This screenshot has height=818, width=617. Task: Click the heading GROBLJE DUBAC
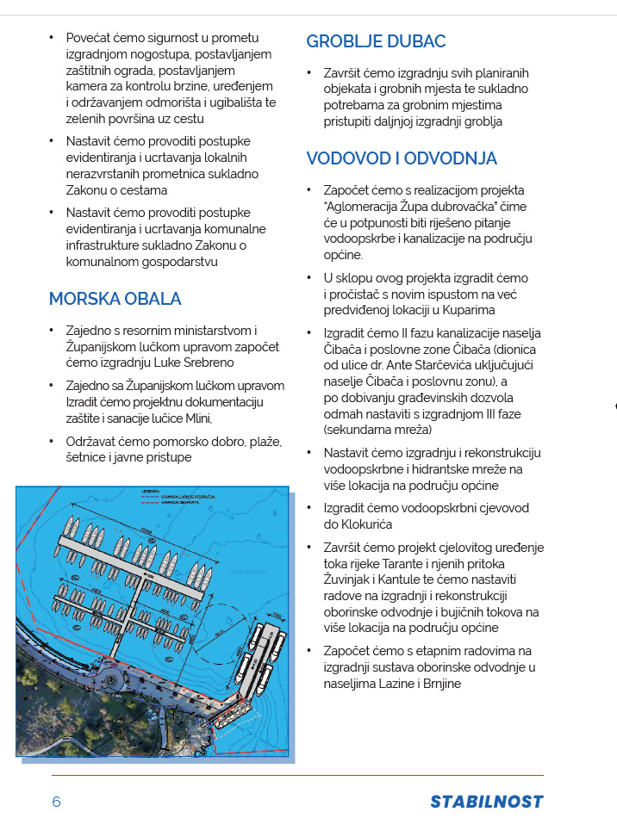click(x=376, y=41)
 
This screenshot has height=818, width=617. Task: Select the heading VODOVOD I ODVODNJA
click(x=401, y=158)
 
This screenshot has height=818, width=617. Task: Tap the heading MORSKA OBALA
click(x=115, y=299)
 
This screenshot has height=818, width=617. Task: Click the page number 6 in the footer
click(x=56, y=802)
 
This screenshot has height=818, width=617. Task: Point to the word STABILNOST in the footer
click(x=487, y=802)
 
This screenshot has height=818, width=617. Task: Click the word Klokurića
click(x=363, y=524)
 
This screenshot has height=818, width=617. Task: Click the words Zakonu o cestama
click(x=116, y=190)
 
